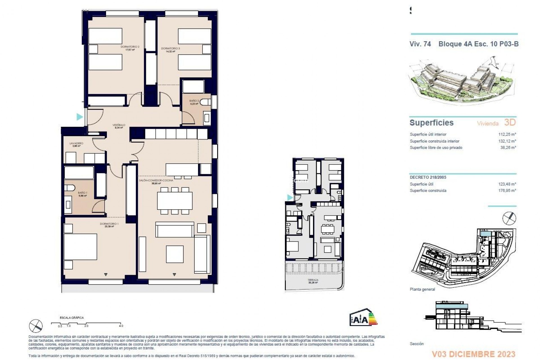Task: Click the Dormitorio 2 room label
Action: click(130, 47)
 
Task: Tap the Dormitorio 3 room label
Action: click(170, 49)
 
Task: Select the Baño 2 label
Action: click(194, 101)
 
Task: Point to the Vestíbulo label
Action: click(119, 125)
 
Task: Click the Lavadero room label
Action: click(76, 143)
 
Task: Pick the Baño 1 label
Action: click(82, 193)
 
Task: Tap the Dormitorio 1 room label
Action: click(109, 224)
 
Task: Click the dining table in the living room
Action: click(175, 201)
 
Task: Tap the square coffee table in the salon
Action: click(174, 254)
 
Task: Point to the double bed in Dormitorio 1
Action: click(80, 247)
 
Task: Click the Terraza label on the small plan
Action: click(313, 280)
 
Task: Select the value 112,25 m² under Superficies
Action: click(507, 134)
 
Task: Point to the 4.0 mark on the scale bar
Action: click(121, 326)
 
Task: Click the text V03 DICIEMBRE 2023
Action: click(474, 354)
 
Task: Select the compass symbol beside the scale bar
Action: click(36, 326)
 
